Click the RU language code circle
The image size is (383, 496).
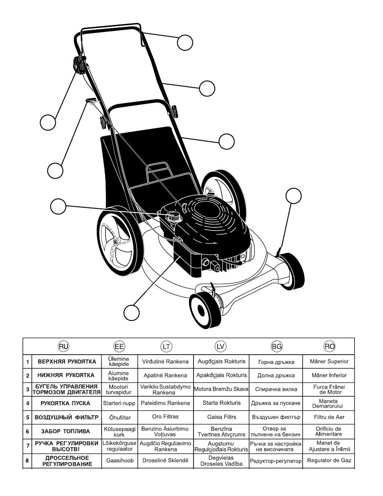tap(63, 347)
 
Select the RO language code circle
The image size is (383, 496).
tap(329, 347)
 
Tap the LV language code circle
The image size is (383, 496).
tap(220, 347)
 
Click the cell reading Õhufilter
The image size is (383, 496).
tap(120, 417)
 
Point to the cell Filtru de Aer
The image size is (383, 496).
tap(329, 417)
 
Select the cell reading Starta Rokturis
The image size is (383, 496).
tap(222, 403)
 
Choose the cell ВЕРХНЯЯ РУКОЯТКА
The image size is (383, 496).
tap(67, 361)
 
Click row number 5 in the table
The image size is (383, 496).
tap(28, 417)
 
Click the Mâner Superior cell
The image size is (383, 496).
tap(329, 361)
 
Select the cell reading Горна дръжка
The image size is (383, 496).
tap(276, 362)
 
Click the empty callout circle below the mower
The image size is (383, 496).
tap(132, 312)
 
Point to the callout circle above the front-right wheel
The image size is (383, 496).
tap(293, 196)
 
